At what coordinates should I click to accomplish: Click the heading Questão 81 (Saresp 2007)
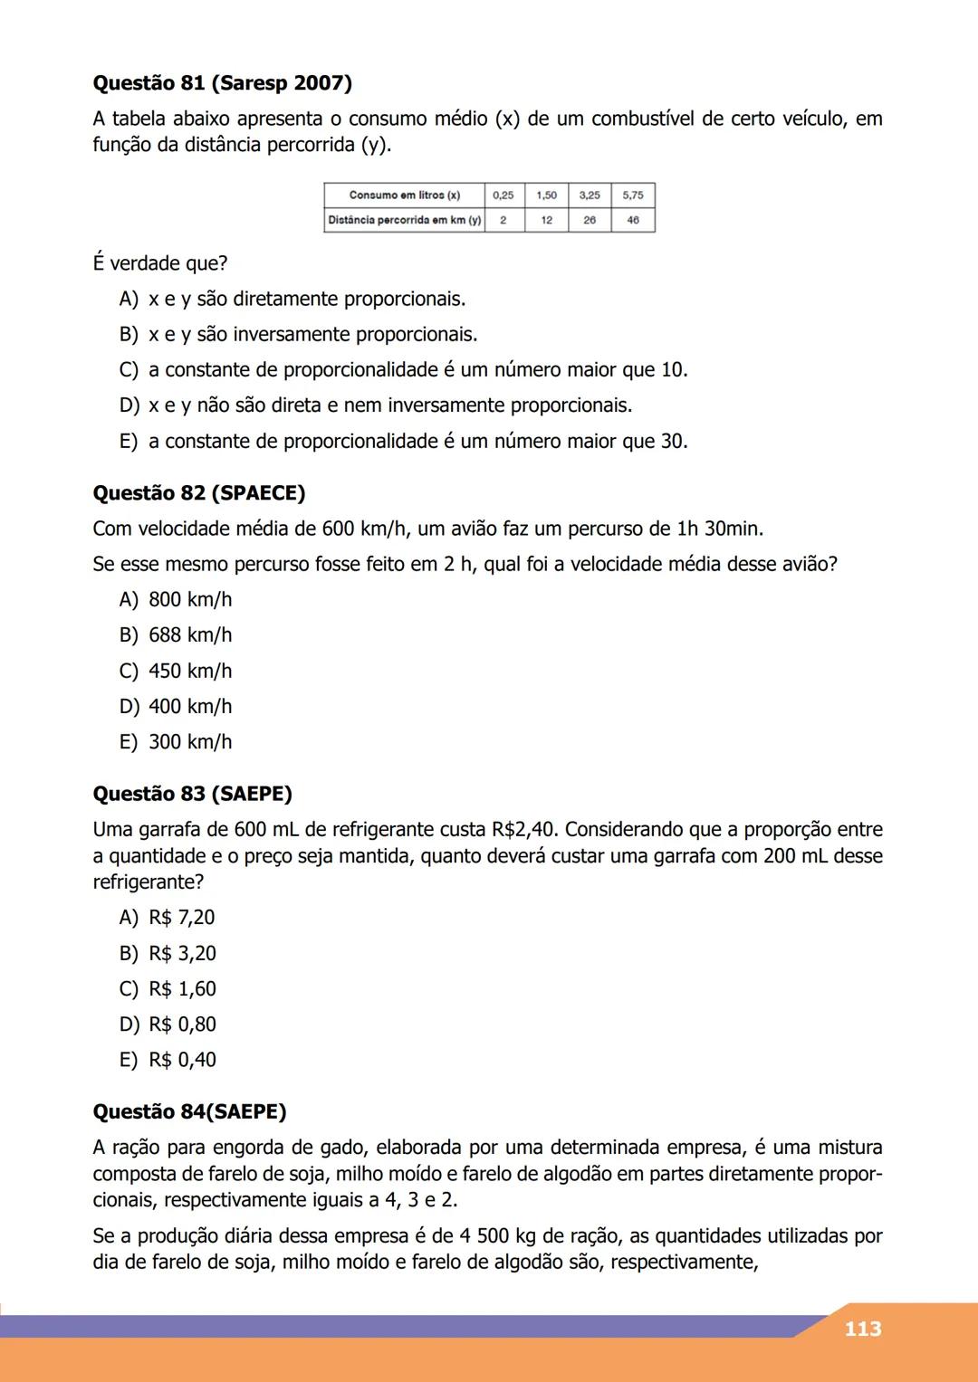[222, 83]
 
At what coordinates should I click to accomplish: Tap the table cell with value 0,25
[503, 195]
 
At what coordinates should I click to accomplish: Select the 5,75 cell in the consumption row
[633, 195]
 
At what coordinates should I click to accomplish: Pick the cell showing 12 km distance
[547, 220]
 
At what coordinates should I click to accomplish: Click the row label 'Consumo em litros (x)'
[404, 195]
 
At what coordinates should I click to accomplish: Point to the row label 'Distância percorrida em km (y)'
[404, 220]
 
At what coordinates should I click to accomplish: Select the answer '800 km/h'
[190, 600]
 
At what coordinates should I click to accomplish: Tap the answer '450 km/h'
[190, 671]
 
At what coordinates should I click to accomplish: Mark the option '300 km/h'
[190, 742]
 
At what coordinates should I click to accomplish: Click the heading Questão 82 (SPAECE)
[199, 493]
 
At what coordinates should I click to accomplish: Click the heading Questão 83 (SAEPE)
[192, 795]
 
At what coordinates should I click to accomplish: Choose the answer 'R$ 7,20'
[182, 918]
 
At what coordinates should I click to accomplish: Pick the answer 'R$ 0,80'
[182, 1025]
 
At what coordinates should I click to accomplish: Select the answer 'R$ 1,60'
[182, 989]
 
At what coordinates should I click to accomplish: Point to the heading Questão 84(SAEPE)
[189, 1112]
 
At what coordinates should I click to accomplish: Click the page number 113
[862, 1329]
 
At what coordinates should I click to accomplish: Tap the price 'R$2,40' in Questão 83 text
[524, 830]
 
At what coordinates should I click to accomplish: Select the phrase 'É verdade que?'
[160, 264]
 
